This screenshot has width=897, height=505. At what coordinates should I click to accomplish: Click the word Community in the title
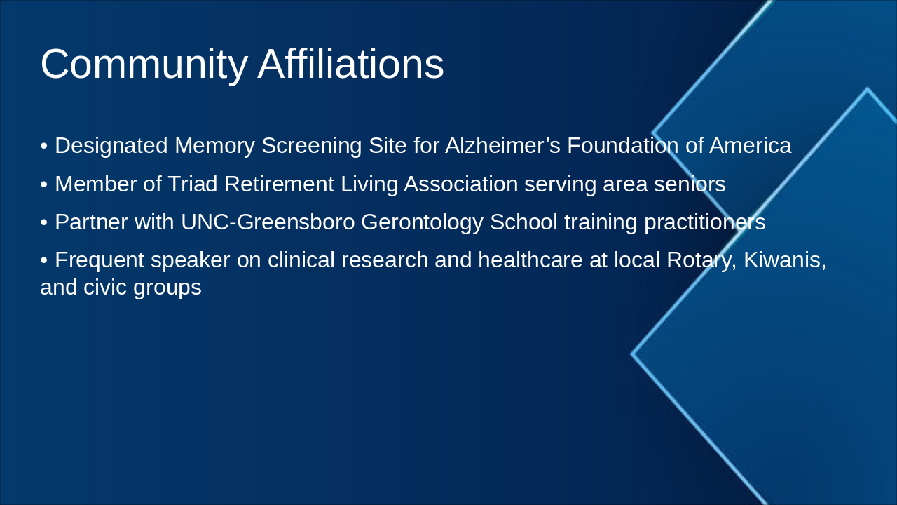(x=144, y=65)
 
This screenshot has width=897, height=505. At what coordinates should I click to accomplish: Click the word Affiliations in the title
(x=350, y=65)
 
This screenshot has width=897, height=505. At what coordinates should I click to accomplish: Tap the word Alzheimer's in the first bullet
(x=502, y=146)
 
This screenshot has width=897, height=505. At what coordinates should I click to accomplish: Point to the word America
(x=750, y=146)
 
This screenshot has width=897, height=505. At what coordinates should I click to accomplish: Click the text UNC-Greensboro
(x=267, y=222)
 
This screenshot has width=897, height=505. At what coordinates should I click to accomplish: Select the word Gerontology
(x=422, y=222)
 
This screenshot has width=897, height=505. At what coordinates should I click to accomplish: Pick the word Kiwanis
(x=784, y=260)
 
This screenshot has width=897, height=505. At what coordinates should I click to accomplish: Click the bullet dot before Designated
(x=44, y=147)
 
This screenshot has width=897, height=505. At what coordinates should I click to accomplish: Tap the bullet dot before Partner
(x=44, y=223)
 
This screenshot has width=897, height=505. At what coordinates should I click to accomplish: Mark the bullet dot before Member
(x=44, y=185)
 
